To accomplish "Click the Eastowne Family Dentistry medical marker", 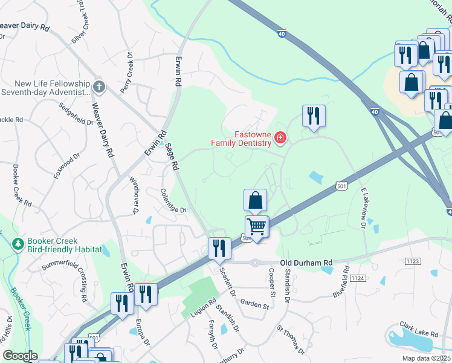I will coord(280,139).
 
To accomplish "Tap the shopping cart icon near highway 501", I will coord(257,227).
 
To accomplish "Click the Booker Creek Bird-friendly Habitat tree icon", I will coord(18,244).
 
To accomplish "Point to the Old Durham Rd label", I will coord(307,263).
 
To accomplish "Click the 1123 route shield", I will coord(413,261).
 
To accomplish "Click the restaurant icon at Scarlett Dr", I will coord(219,248).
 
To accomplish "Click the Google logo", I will coord(19,356).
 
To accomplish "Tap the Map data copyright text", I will coord(426,358).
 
